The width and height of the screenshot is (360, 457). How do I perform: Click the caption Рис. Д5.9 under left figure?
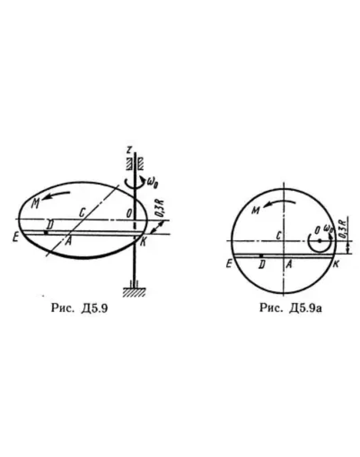(x=79, y=308)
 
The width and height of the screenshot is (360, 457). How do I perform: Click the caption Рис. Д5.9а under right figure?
(x=291, y=308)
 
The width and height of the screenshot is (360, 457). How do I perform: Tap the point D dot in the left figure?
(x=45, y=232)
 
